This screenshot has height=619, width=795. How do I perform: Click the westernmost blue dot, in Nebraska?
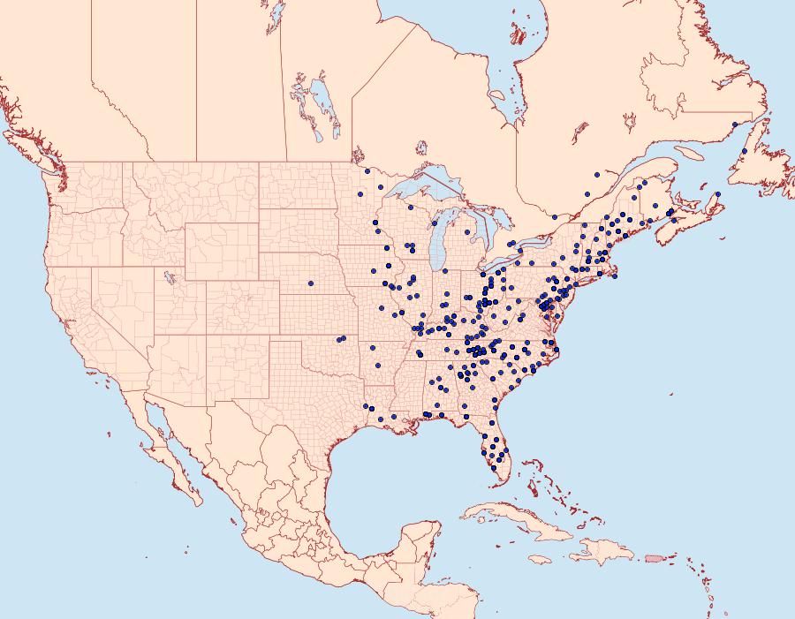[x=311, y=283]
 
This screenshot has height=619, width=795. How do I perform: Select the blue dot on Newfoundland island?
[x=745, y=151]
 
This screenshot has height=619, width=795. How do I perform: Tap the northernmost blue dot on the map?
[x=734, y=124]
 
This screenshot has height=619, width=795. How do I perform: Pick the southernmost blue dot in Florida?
[x=495, y=468]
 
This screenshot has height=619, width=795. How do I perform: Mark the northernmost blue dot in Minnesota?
[x=366, y=171]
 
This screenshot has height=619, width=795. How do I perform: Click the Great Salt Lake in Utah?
[x=167, y=276]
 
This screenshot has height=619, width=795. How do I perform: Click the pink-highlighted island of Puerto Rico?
[x=654, y=557]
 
